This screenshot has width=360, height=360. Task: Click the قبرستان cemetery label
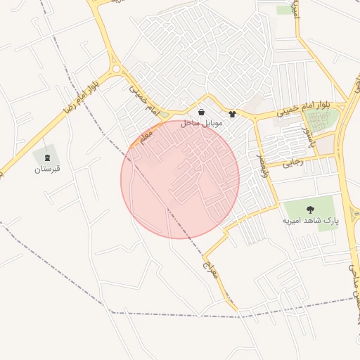48,169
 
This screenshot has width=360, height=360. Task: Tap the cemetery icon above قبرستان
48,157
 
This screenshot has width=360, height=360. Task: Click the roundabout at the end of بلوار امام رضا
116,70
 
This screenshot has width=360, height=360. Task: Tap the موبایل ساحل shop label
202,123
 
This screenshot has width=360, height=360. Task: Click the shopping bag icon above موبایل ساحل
202,112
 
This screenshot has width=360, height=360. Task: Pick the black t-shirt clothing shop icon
233,113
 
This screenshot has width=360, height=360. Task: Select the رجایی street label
293,163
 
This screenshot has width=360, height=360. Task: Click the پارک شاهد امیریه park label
310,220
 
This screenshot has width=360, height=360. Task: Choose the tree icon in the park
309,209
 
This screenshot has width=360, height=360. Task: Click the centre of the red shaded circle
180,179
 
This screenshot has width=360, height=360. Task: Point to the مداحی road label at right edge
354,267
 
